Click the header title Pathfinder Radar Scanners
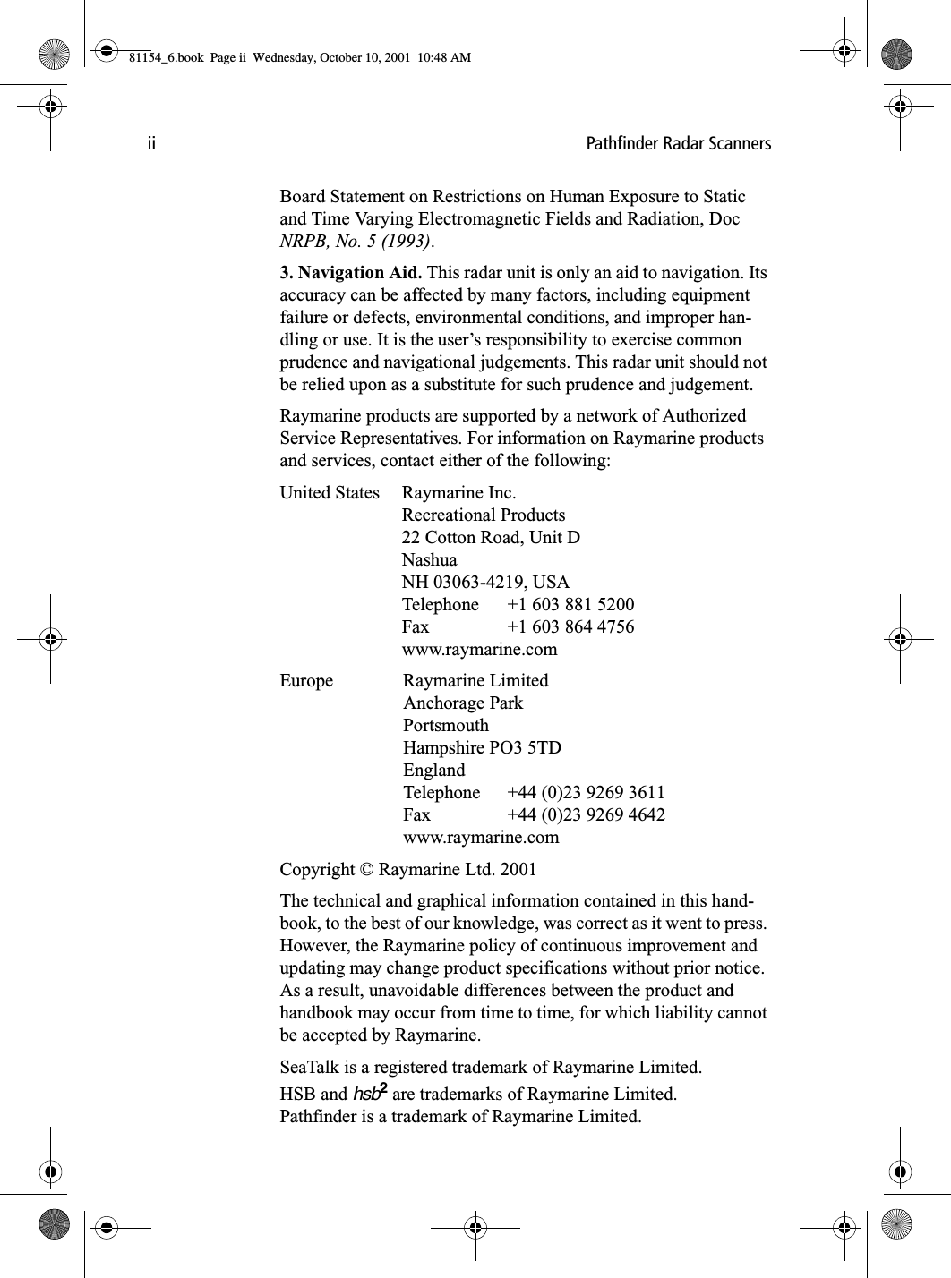coord(678,144)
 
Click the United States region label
coord(330,492)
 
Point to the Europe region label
coord(306,680)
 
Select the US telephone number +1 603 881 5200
coord(570,604)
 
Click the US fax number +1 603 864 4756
coord(570,626)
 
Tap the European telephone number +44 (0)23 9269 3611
coord(586,792)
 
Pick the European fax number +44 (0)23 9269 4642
coord(586,814)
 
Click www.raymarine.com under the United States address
coord(479,649)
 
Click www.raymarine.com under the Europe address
coord(481,837)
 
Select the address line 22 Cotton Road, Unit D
coord(491,537)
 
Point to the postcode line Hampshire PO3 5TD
coord(483,747)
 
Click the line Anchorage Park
coord(463,703)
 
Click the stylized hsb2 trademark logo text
coord(372,1093)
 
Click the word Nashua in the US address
coord(429,559)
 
